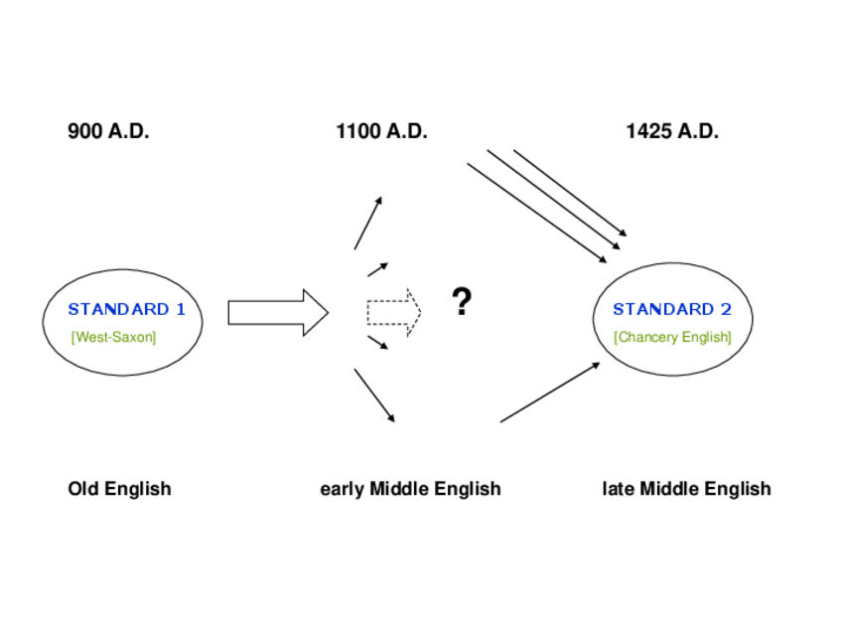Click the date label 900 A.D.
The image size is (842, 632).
108,131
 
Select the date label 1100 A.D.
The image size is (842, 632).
381,131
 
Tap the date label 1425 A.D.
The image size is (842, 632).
672,131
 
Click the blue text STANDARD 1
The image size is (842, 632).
126,309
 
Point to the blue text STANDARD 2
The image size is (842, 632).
672,309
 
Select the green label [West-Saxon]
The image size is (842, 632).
113,337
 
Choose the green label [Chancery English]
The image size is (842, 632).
672,337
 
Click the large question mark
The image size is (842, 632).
461,301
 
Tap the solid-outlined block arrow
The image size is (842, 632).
277,313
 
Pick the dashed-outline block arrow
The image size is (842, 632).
393,312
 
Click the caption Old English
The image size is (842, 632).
119,489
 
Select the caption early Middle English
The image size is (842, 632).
410,489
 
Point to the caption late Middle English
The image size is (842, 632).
686,489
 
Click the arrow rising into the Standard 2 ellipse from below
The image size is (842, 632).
549,393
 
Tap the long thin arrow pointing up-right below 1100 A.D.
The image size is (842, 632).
367,224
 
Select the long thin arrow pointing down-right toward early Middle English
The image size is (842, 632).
374,395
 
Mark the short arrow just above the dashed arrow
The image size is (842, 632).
377,269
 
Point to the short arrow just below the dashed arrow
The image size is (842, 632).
377,343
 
